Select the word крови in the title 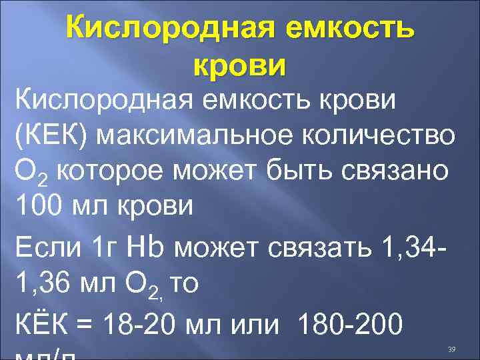pyautogui.click(x=239, y=65)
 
